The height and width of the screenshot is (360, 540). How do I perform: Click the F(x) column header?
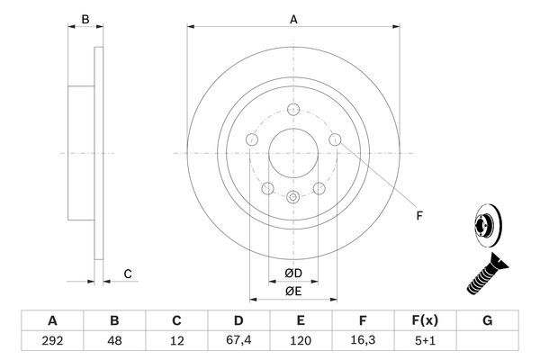[426, 320]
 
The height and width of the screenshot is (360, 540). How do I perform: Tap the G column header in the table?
[488, 320]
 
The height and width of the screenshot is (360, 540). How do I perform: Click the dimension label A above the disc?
[292, 17]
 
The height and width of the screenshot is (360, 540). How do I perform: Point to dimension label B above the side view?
[85, 17]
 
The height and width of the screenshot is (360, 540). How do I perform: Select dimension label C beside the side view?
[128, 274]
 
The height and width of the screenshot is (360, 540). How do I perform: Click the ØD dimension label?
[292, 274]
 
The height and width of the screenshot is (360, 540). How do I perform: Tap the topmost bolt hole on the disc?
[292, 111]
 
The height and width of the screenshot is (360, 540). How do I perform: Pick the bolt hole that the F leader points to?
[336, 139]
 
